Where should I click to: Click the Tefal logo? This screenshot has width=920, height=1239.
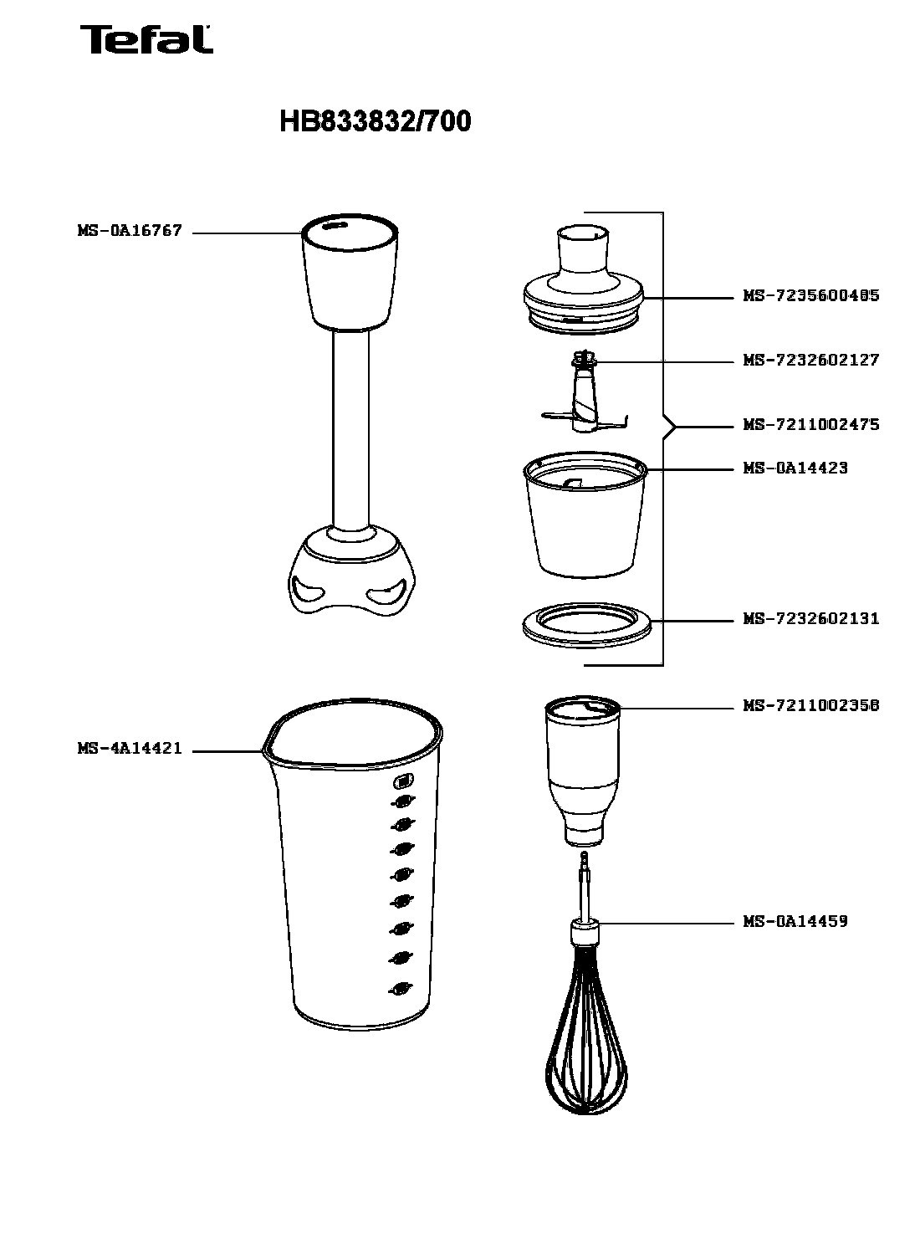point(146,39)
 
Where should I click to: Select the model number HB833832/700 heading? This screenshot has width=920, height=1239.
point(375,121)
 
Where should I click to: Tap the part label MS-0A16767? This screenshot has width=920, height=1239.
point(130,231)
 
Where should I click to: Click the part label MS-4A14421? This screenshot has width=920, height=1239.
point(130,749)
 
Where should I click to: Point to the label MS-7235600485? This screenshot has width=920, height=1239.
point(811,295)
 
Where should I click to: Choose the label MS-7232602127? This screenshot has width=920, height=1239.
point(811,360)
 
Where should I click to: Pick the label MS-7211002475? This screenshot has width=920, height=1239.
point(811,424)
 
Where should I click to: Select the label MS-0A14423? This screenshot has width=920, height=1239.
point(795,468)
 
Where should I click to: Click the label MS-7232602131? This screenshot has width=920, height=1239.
point(811,619)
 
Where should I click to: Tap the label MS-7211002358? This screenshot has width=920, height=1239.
point(811,706)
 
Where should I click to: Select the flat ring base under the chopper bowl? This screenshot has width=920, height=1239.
point(587,625)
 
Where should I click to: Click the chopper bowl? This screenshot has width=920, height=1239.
point(585,515)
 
